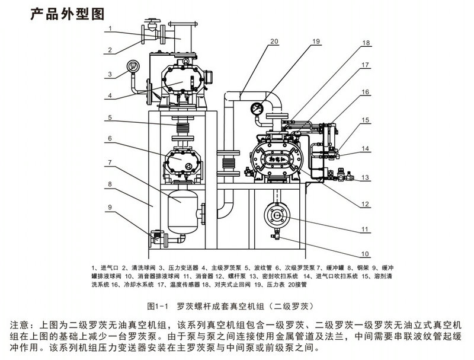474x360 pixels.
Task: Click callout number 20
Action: pyautogui.click(x=274, y=42)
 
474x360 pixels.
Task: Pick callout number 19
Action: pyautogui.click(x=315, y=42)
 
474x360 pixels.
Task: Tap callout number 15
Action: pyautogui.click(x=366, y=120)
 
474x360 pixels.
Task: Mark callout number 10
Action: pyautogui.click(x=366, y=254)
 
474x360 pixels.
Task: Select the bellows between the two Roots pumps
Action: pyautogui.click(x=182, y=128)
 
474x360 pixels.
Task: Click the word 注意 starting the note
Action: pyautogui.click(x=21, y=325)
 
